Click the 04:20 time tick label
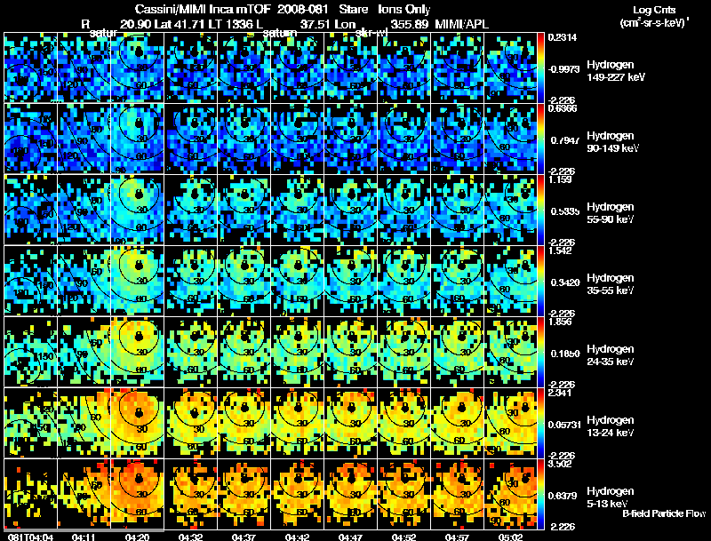coord(137,536)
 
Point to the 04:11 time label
coord(84,536)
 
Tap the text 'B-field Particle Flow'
coord(663,513)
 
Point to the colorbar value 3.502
coord(559,464)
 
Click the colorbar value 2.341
coord(559,393)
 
